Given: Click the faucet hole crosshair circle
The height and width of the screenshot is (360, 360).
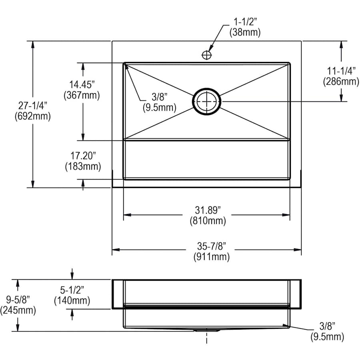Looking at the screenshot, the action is (x=206, y=55).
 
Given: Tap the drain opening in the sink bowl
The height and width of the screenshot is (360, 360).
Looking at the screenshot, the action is (x=207, y=102).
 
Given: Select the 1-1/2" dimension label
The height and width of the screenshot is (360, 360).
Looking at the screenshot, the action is (x=245, y=22).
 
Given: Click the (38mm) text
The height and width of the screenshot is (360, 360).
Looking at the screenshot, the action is (x=245, y=32).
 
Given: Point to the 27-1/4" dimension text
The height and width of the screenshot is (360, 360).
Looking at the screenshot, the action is (x=33, y=106).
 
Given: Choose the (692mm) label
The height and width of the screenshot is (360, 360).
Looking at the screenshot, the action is (x=33, y=116).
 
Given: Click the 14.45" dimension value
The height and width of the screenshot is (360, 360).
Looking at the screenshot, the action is (x=82, y=84).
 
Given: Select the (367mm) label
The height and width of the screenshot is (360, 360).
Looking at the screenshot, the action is (x=82, y=95).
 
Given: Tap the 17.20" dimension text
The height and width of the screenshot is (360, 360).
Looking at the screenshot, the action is (x=83, y=156).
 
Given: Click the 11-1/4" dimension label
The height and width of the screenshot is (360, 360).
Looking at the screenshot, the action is (x=341, y=71).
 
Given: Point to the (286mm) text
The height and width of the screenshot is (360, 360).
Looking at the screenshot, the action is (x=341, y=81).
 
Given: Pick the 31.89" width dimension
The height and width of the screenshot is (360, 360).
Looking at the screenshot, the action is (x=208, y=210).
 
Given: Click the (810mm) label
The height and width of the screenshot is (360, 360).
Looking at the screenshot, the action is (x=208, y=220).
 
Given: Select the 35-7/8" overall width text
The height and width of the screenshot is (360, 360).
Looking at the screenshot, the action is (x=212, y=246).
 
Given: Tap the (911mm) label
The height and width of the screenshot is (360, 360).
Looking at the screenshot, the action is (x=212, y=256).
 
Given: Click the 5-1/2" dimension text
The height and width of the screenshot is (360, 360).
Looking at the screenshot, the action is (x=72, y=290).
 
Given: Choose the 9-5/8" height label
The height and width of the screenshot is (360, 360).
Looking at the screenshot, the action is (x=18, y=299).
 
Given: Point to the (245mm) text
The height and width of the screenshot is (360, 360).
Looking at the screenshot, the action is (x=18, y=310).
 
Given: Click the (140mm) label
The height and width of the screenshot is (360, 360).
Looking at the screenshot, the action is (x=72, y=300).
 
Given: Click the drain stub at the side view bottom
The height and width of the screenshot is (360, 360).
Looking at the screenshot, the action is (x=207, y=330).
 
